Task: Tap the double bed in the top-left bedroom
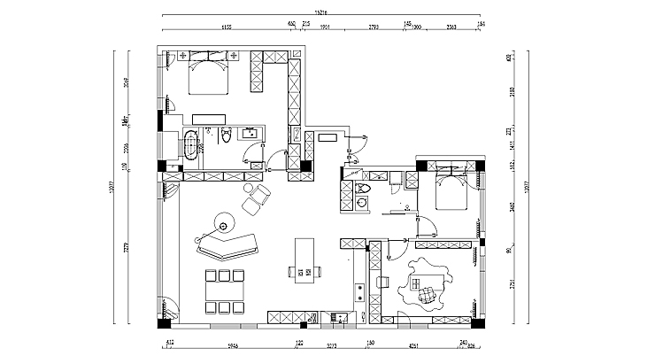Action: pyautogui.click(x=208, y=75)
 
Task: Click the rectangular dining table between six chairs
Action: pyautogui.click(x=224, y=290)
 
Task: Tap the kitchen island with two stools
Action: pyautogui.click(x=304, y=258)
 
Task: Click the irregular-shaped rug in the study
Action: pyautogui.click(x=425, y=286)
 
